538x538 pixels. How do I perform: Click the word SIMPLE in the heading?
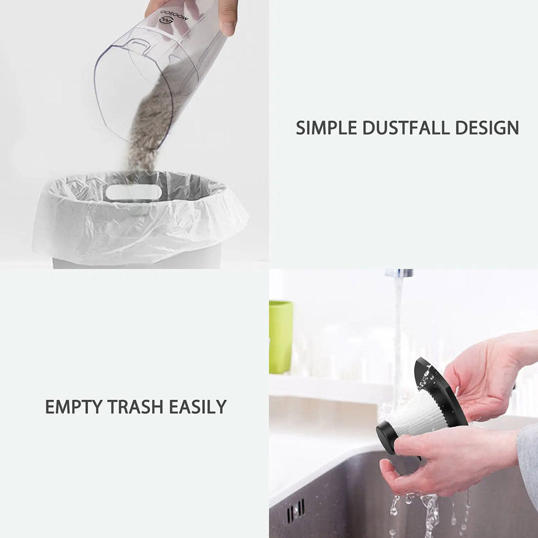click(327, 128)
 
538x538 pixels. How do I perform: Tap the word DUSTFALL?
click(406, 128)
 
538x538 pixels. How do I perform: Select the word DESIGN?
click(487, 128)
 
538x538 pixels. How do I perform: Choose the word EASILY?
click(197, 407)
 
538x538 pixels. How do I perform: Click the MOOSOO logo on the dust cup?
click(174, 17)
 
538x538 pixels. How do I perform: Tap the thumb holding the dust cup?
click(228, 18)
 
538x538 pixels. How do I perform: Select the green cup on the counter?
click(281, 337)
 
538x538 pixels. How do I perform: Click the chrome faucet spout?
click(399, 273)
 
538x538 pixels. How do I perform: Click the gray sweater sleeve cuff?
click(528, 460)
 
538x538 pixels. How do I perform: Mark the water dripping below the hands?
click(429, 511)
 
